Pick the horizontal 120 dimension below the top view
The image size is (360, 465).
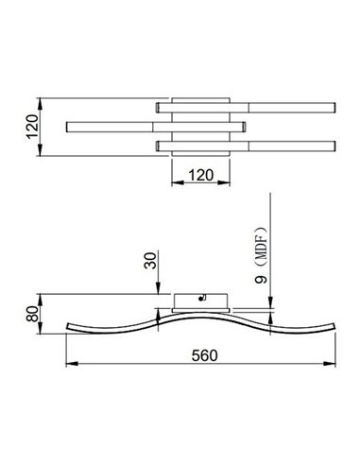[x=199, y=174]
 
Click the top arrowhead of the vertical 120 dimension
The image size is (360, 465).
[x=40, y=98]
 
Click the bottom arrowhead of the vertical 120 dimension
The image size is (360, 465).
[x=40, y=151]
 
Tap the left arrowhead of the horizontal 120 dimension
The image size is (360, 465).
[x=172, y=182]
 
